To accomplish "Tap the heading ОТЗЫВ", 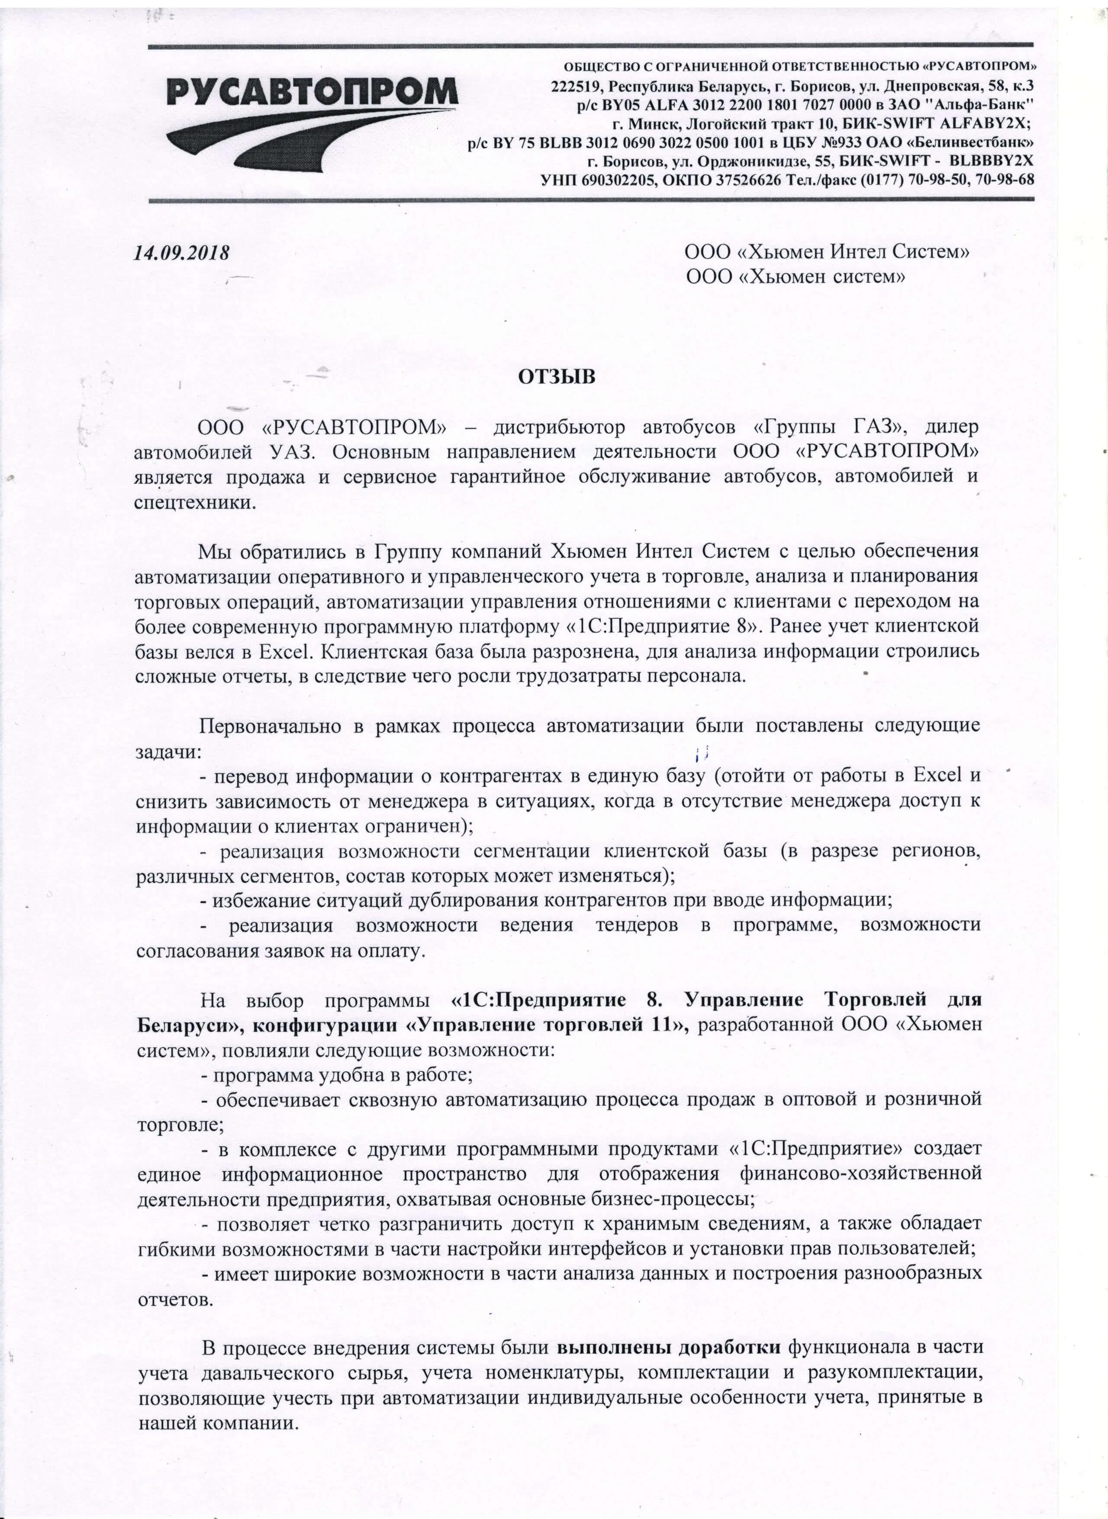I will (x=556, y=377).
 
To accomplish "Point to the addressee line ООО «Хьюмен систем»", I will (x=796, y=276).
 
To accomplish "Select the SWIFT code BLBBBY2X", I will (x=992, y=162).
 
